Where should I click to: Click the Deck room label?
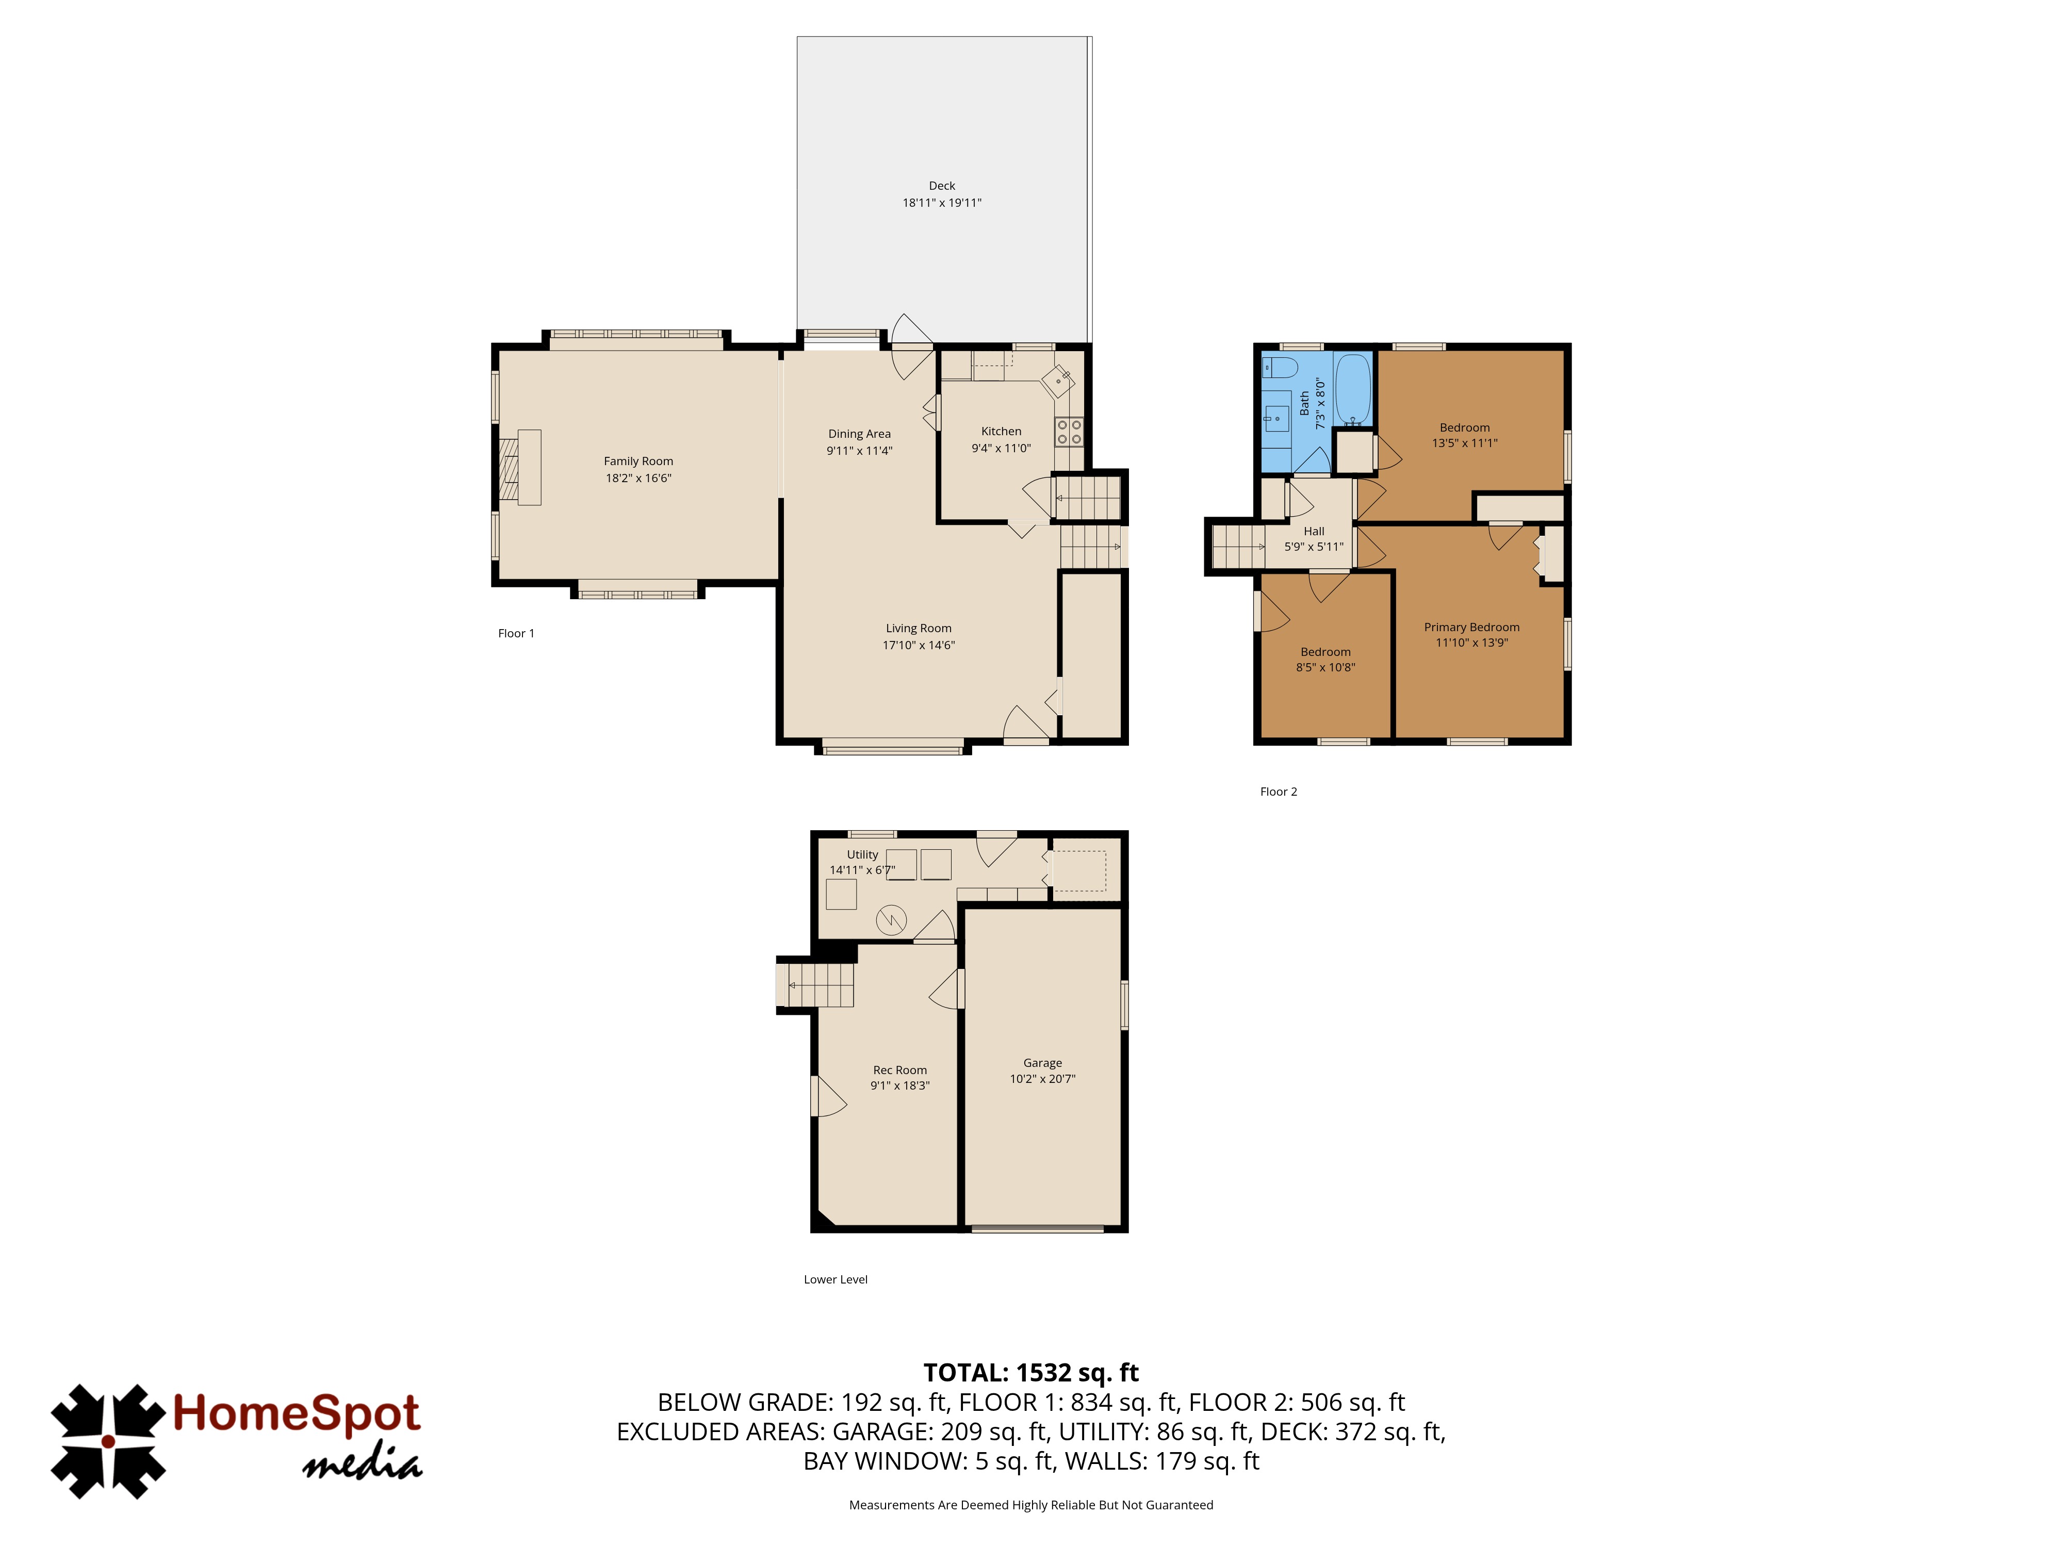pyautogui.click(x=941, y=186)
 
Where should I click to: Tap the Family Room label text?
pyautogui.click(x=638, y=460)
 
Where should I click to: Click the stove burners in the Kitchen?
pyautogui.click(x=1069, y=431)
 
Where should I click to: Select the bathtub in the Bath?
pyautogui.click(x=1352, y=390)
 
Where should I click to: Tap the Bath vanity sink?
pyautogui.click(x=1276, y=419)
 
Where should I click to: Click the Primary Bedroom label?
pyautogui.click(x=1472, y=627)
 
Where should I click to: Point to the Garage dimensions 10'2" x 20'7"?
pyautogui.click(x=1043, y=1079)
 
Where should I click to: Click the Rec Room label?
pyautogui.click(x=900, y=1069)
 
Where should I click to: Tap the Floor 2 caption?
pyautogui.click(x=1279, y=792)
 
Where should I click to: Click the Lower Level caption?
pyautogui.click(x=836, y=1279)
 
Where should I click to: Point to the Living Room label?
pyautogui.click(x=919, y=628)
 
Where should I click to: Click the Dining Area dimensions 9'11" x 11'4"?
pyautogui.click(x=859, y=450)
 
